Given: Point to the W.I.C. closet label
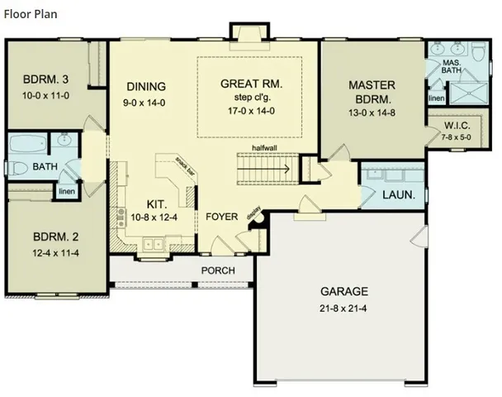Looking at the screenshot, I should [x=456, y=127].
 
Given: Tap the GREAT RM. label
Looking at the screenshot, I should [x=252, y=84].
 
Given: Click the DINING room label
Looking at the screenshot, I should [x=146, y=86].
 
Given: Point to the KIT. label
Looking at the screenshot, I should [x=159, y=203].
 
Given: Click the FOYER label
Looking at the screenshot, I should [x=222, y=217].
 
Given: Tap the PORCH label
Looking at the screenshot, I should [x=217, y=270].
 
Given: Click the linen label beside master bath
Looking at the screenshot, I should [x=437, y=98].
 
